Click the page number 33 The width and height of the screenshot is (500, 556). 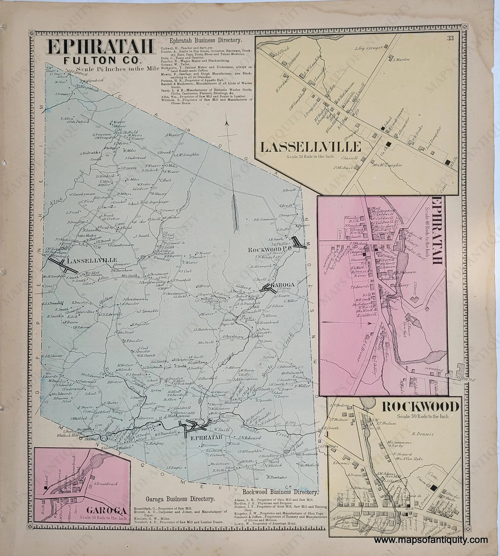click(450, 39)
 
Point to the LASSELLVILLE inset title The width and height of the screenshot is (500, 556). click(310, 147)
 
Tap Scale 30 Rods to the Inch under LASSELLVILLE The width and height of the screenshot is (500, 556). click(310, 157)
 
